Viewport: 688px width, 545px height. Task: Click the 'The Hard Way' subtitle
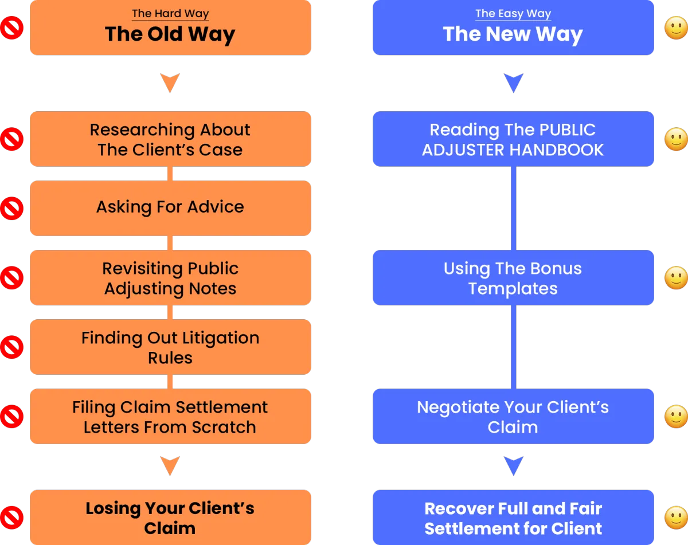coord(170,13)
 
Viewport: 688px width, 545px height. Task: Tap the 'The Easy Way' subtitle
coord(513,13)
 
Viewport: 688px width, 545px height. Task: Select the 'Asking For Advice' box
coord(170,208)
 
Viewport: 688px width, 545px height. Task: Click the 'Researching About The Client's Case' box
coord(170,139)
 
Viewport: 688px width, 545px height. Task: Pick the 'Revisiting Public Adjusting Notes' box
coord(170,277)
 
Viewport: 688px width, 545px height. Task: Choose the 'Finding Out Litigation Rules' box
coord(170,347)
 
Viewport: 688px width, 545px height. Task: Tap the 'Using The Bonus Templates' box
coord(513,277)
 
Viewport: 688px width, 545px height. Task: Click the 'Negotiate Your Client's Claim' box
coord(513,416)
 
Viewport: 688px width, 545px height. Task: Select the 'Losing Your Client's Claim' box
coord(170,517)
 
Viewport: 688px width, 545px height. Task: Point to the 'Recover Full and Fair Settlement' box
coord(513,517)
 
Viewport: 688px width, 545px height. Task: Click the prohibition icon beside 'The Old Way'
coord(12,28)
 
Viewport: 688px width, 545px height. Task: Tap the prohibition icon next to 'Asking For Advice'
coord(12,209)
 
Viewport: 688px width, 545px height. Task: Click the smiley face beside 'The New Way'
coord(676,28)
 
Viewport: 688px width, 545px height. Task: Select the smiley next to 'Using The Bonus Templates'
coord(676,278)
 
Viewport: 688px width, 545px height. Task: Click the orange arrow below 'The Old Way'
coord(170,83)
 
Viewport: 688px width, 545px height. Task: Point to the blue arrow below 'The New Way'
coord(514,83)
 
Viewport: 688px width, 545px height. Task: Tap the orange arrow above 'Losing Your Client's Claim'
coord(170,466)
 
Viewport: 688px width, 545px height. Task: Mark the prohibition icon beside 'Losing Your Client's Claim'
coord(12,517)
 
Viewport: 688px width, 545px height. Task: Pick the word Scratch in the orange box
coord(224,427)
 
